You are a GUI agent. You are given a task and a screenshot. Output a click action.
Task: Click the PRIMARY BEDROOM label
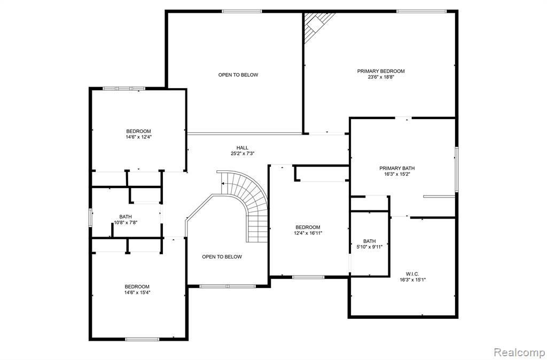(380, 71)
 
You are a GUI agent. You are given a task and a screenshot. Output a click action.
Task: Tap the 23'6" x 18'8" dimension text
(380, 77)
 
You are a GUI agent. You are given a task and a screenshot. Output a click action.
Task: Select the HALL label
(243, 148)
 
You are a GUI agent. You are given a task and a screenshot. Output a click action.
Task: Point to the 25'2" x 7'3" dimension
(243, 153)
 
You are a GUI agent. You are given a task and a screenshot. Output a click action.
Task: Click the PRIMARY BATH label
(397, 168)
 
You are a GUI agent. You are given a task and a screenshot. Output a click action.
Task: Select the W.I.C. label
(412, 274)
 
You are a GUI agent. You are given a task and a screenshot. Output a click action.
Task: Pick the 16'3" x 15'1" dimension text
(413, 280)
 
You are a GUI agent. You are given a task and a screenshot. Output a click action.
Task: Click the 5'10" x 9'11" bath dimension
(370, 247)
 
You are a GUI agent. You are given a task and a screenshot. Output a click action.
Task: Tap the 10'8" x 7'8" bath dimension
(126, 223)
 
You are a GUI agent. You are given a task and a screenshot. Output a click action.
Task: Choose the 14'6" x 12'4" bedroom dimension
(138, 137)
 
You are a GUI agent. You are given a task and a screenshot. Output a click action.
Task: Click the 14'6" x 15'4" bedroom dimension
(137, 292)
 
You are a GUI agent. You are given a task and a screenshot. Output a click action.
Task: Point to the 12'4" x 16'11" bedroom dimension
(308, 233)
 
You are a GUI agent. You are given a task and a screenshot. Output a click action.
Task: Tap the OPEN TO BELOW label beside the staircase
(222, 257)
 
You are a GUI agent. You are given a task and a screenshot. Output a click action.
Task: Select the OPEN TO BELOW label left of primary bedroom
(238, 75)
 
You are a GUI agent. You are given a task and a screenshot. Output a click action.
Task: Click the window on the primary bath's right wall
(456, 169)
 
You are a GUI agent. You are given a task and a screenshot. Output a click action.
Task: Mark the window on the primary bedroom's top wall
(421, 12)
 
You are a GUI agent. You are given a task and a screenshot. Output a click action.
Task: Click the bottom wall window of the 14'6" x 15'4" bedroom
(142, 339)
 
